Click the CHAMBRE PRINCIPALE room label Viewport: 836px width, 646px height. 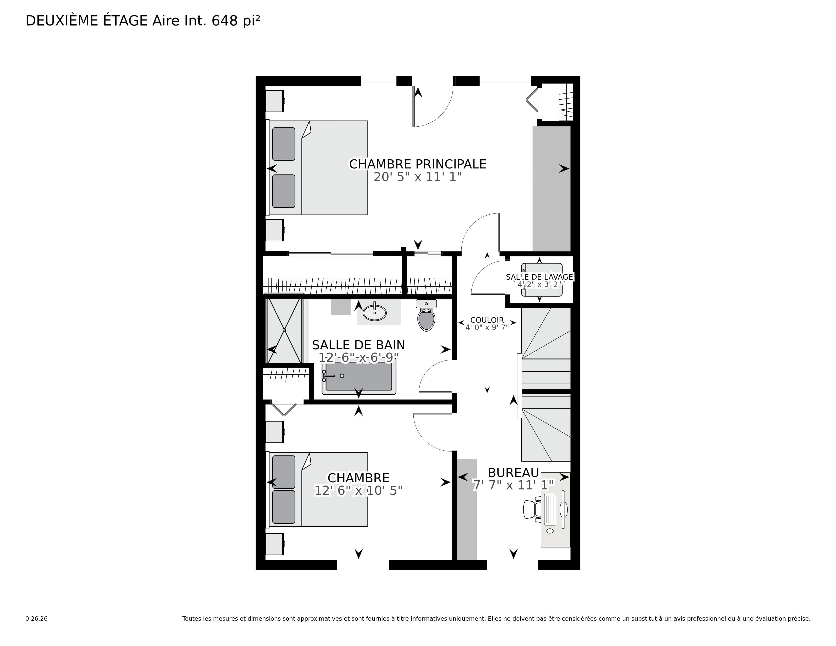point(417,164)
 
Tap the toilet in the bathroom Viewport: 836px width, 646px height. point(426,315)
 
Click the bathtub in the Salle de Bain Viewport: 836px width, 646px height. point(359,377)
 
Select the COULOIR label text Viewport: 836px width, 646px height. point(487,320)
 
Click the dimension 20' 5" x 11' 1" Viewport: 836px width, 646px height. point(417,177)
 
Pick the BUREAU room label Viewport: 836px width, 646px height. point(513,473)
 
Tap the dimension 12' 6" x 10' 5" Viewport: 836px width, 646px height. point(358,491)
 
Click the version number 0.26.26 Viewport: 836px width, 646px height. point(36,618)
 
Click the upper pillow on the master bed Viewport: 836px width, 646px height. point(284,144)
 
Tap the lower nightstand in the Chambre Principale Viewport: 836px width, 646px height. point(275,230)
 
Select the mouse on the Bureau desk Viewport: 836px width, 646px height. point(550,531)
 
